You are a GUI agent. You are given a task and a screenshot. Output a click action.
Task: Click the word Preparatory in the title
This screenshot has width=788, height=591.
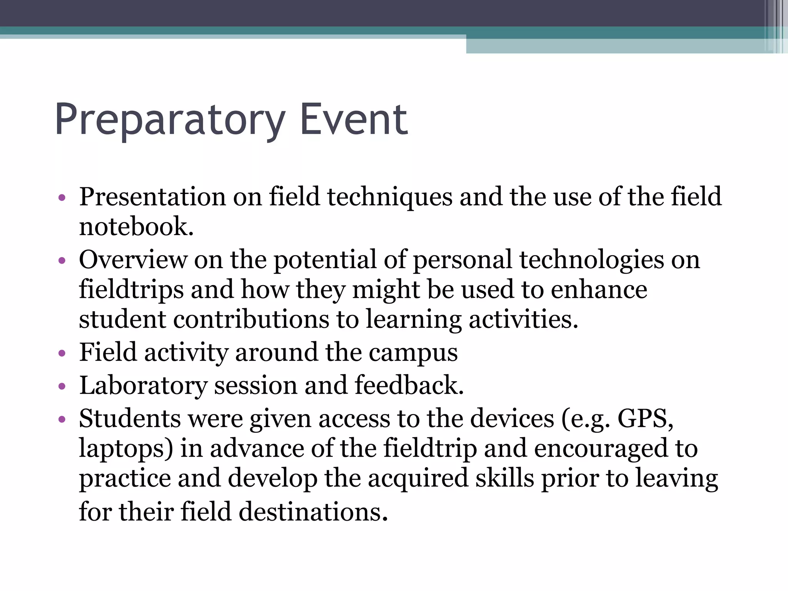coord(169,120)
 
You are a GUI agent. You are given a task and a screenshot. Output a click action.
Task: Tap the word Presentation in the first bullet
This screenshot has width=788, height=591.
coord(152,197)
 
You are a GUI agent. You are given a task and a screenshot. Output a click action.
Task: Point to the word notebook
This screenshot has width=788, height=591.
coord(136,227)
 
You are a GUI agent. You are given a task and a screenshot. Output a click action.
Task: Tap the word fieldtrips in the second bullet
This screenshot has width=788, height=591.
coord(131,289)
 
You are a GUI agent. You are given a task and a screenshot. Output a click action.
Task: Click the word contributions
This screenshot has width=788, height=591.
coord(251,319)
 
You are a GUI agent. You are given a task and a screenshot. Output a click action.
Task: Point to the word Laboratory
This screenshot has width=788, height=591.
coord(143,386)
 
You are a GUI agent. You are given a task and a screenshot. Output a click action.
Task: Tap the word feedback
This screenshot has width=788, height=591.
coord(409,385)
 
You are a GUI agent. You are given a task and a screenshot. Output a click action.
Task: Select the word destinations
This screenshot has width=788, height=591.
coord(313,513)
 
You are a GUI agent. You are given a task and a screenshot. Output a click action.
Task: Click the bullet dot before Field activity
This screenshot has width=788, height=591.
coord(62,353)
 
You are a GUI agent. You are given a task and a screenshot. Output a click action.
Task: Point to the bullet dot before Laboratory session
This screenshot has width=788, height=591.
coord(62,386)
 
